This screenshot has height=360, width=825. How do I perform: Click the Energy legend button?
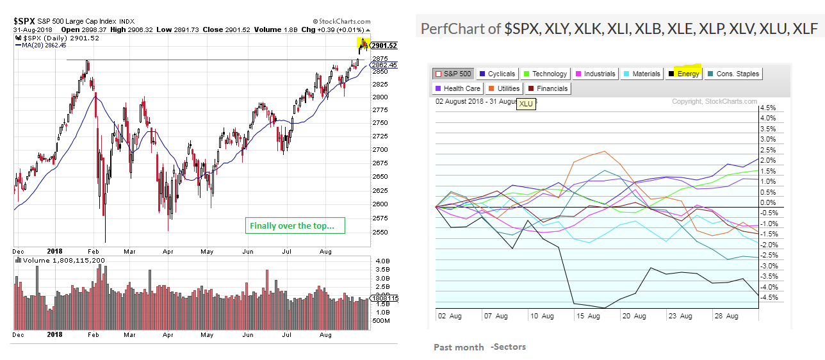[684, 74]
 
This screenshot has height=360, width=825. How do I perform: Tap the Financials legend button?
[549, 88]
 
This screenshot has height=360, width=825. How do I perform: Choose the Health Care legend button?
[457, 88]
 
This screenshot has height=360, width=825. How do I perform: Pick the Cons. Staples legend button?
[733, 74]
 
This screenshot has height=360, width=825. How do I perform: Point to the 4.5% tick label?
[767, 108]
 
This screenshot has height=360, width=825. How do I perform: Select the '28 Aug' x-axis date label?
[725, 316]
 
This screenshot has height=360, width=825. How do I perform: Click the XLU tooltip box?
[526, 103]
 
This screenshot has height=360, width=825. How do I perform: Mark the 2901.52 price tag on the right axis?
[384, 45]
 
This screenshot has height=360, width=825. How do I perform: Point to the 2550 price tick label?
[380, 232]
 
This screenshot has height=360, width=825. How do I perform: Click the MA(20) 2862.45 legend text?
[44, 45]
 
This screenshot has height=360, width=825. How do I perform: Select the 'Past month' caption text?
[459, 347]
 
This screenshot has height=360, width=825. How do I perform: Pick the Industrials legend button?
[595, 74]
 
